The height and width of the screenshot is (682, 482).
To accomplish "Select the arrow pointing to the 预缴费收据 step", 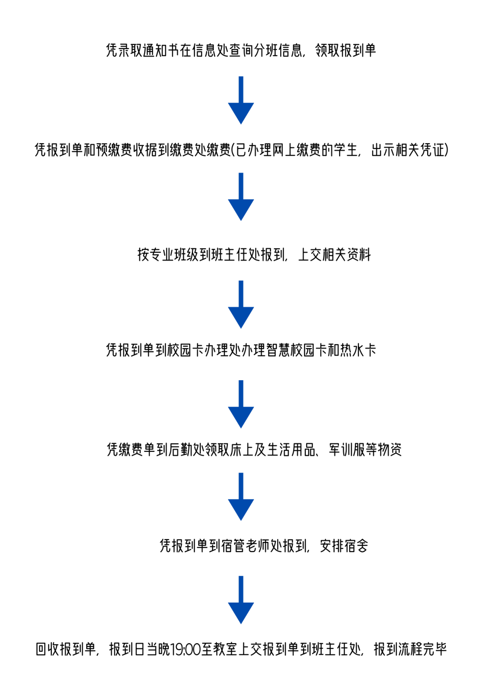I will tap(241, 101).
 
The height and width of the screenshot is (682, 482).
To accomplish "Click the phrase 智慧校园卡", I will tap(296, 350).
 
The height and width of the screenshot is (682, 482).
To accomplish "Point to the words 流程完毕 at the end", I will tap(422, 649).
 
